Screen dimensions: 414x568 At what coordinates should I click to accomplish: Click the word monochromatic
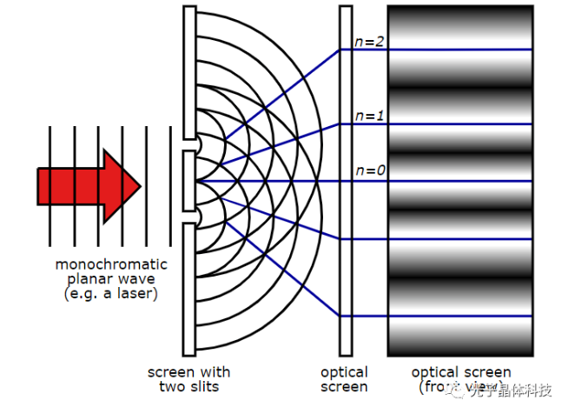pyautogui.click(x=111, y=264)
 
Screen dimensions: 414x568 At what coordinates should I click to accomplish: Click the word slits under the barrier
pyautogui.click(x=208, y=386)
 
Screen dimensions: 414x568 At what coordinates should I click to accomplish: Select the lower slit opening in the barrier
pyautogui.click(x=189, y=215)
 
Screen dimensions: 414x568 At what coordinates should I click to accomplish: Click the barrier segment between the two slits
pyautogui.click(x=189, y=179)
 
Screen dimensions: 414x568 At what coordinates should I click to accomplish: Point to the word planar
pyautogui.click(x=86, y=279)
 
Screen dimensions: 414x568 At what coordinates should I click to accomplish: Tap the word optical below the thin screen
pyautogui.click(x=345, y=372)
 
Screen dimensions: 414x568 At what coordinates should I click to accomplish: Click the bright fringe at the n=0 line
pyautogui.click(x=459, y=181)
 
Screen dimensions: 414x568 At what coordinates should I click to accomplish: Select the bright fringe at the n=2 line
pyautogui.click(x=459, y=50)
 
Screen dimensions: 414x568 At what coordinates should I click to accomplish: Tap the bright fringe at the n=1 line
pyautogui.click(x=459, y=124)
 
